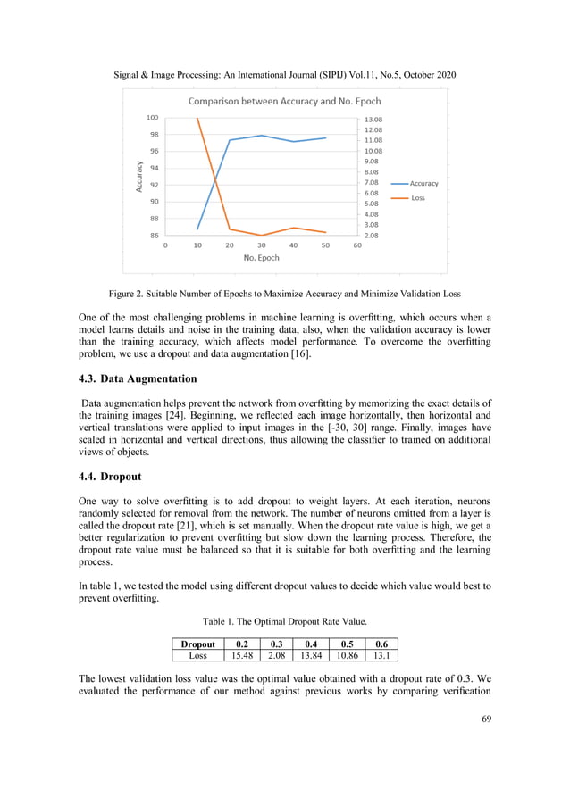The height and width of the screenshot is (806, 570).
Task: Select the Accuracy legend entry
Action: [423, 183]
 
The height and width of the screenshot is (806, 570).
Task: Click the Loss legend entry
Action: [417, 198]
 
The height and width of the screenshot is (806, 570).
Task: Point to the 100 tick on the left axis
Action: [152, 118]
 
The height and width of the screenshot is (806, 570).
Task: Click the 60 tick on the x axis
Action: [357, 245]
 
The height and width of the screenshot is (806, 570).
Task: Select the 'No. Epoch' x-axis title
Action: [261, 258]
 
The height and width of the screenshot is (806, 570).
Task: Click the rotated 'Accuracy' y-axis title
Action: [139, 177]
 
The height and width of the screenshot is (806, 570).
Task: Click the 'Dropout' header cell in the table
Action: [197, 643]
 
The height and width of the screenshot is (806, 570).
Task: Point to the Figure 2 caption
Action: [284, 293]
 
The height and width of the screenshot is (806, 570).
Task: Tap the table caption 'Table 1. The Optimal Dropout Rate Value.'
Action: [284, 622]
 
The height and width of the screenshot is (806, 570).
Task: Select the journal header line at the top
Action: [284, 74]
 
